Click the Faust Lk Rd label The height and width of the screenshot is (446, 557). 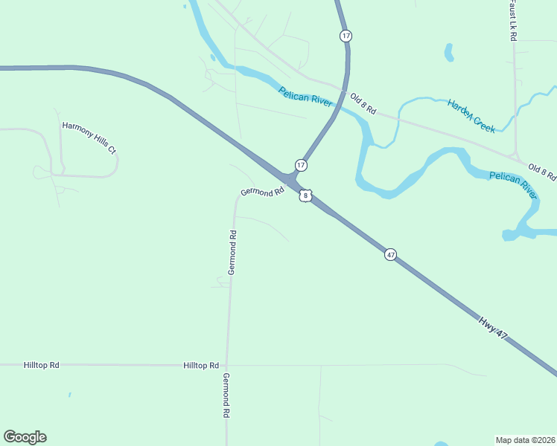[512, 19]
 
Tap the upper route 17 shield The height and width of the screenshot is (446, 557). [346, 36]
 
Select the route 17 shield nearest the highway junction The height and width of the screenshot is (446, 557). [300, 164]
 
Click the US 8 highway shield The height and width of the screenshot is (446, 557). [305, 195]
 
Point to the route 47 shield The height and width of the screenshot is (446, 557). [390, 255]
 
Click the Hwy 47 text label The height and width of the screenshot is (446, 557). [493, 327]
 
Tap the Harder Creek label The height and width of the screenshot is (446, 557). [471, 116]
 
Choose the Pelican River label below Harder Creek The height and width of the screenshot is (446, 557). [512, 185]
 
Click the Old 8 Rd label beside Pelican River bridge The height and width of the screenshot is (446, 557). [363, 104]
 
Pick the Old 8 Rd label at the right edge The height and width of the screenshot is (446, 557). [542, 172]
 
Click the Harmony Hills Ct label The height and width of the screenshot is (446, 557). [89, 138]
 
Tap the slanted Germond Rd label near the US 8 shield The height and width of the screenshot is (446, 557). [263, 192]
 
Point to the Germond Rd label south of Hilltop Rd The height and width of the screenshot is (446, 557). [225, 395]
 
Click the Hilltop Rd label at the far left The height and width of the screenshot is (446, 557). [41, 366]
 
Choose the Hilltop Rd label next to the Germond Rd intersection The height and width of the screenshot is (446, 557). [201, 366]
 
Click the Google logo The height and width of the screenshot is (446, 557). [25, 437]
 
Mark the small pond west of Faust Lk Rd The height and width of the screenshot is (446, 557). [449, 52]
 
